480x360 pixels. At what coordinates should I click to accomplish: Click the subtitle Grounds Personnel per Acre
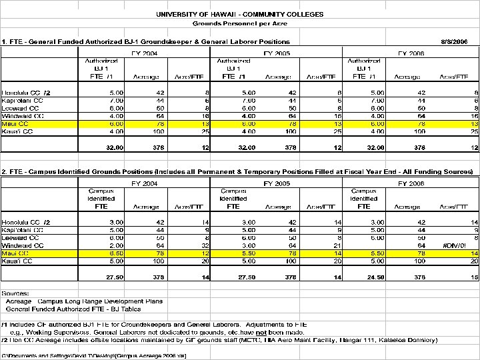[x=241, y=23]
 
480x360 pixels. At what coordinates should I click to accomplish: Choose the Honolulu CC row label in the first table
[x=27, y=92]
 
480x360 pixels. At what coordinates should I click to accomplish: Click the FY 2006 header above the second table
[x=411, y=182]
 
